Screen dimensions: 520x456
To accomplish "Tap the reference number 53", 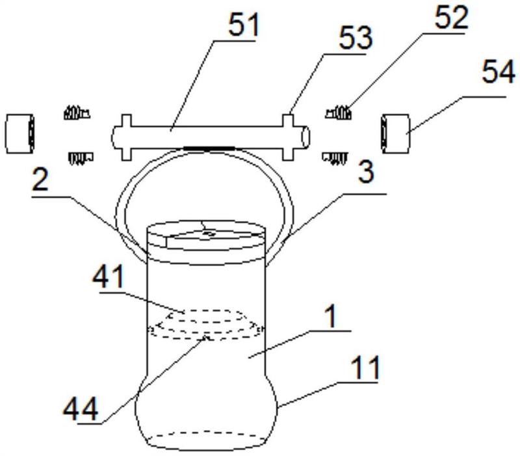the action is click(x=356, y=38).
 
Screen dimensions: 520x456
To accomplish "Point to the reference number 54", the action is click(x=499, y=72).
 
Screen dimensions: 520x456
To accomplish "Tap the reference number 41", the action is click(x=109, y=277).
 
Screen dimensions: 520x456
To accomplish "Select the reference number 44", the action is click(x=81, y=409).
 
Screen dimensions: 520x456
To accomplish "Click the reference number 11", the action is click(x=365, y=368).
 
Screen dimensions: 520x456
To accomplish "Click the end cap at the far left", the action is click(x=20, y=133).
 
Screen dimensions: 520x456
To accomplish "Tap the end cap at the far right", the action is click(x=395, y=133).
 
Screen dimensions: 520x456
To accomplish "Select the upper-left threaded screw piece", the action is click(x=77, y=113).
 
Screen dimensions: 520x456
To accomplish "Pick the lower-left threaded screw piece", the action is click(x=81, y=158).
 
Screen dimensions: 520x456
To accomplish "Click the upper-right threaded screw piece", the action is click(x=338, y=113).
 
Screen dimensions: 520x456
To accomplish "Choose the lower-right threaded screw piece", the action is click(x=335, y=159).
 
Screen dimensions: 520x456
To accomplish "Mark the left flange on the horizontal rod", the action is click(x=127, y=137).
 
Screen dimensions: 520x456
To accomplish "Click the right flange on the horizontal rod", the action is click(x=288, y=137).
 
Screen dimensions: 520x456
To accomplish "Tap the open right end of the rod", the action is click(x=305, y=137).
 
